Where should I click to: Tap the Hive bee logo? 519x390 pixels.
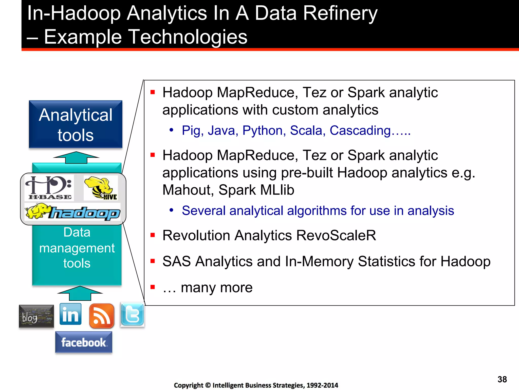[x=101, y=188]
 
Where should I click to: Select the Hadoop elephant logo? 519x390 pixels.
[x=72, y=212]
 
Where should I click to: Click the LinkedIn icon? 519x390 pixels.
[x=70, y=314]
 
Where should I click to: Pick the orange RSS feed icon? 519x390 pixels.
[x=102, y=316]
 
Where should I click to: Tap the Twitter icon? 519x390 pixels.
[x=132, y=315]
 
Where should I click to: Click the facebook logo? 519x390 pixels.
[x=84, y=342]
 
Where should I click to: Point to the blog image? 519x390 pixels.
[x=36, y=316]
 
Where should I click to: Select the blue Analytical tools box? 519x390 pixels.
[x=76, y=124]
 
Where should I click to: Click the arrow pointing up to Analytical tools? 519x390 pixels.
[x=76, y=157]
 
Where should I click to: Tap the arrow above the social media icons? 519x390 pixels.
[x=80, y=293]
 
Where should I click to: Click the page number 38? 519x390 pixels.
[x=502, y=379]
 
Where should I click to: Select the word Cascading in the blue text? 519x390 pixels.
[x=360, y=131]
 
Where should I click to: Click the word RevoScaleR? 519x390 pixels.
[x=336, y=235]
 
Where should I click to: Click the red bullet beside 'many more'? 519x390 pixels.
[x=153, y=287]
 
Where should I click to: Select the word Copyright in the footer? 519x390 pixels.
[x=189, y=385]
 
